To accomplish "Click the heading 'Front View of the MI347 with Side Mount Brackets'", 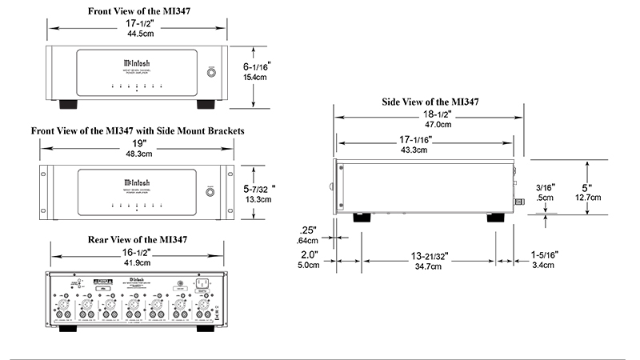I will pos(137,130).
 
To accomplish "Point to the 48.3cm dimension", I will pos(137,154).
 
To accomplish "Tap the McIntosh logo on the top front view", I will pos(136,60).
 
